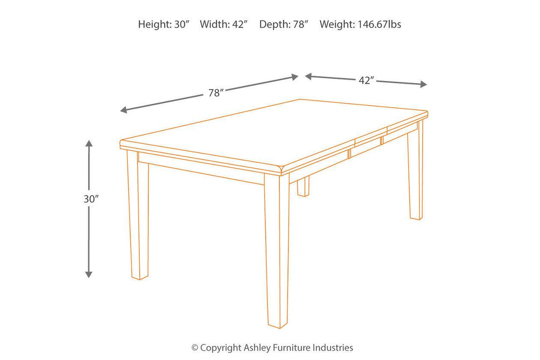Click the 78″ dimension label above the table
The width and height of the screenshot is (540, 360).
point(215,93)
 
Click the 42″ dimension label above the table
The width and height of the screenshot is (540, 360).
point(366,81)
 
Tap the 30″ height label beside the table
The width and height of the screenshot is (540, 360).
point(91,199)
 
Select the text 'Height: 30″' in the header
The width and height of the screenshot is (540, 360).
point(164,24)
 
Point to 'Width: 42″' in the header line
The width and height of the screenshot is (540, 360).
point(223,24)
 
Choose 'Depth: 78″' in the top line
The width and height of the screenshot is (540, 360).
point(284,24)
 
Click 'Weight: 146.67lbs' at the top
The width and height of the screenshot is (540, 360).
point(360,24)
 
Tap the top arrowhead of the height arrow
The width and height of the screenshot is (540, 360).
point(89,144)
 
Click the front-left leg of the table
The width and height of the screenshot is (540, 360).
point(138,218)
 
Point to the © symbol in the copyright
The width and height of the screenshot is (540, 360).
point(195,348)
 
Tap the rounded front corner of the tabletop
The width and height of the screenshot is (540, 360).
point(283,169)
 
